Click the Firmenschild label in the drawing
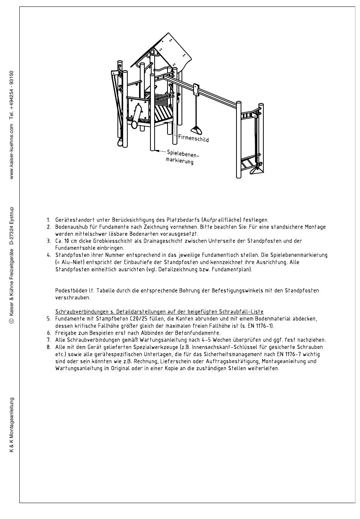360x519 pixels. (193, 138)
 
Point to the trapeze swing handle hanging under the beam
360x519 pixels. (196, 130)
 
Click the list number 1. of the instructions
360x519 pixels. (49, 220)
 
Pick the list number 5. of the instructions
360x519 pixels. (49, 319)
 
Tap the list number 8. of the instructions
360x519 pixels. (49, 347)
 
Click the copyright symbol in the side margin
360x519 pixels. (12, 321)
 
